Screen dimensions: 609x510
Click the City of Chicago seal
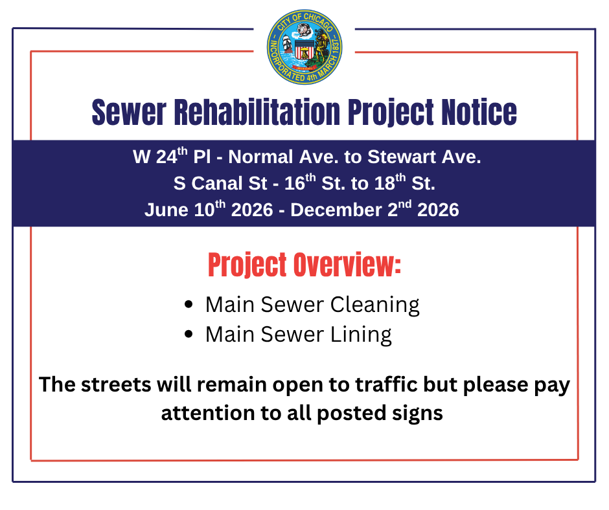pos(304,47)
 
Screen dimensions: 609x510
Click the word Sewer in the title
pos(129,112)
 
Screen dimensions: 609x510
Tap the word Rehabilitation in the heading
pos(257,112)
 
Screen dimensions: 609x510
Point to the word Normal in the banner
pos(260,157)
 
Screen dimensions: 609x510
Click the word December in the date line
pos(336,210)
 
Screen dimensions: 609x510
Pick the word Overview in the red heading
pos(347,265)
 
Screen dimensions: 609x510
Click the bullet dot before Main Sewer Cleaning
pos(189,304)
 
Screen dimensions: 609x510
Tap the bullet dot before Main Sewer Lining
pos(189,334)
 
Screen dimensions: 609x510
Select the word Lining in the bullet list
pos(361,335)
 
